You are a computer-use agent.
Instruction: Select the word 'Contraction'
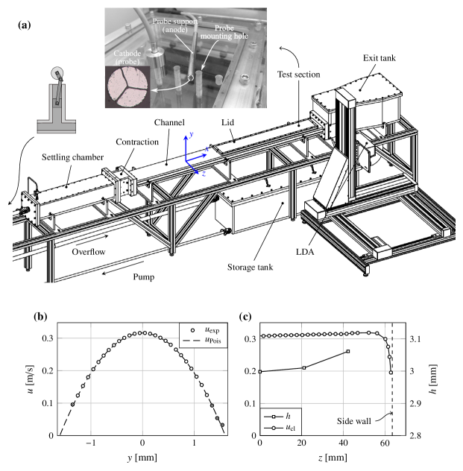137,142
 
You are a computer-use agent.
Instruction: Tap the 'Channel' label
168,121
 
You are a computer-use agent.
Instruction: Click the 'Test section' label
298,75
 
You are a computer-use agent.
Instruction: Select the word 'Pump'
144,276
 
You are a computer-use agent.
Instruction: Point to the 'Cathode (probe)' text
126,58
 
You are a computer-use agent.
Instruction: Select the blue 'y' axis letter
192,134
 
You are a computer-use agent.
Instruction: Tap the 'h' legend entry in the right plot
284,415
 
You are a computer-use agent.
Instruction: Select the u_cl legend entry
284,428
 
